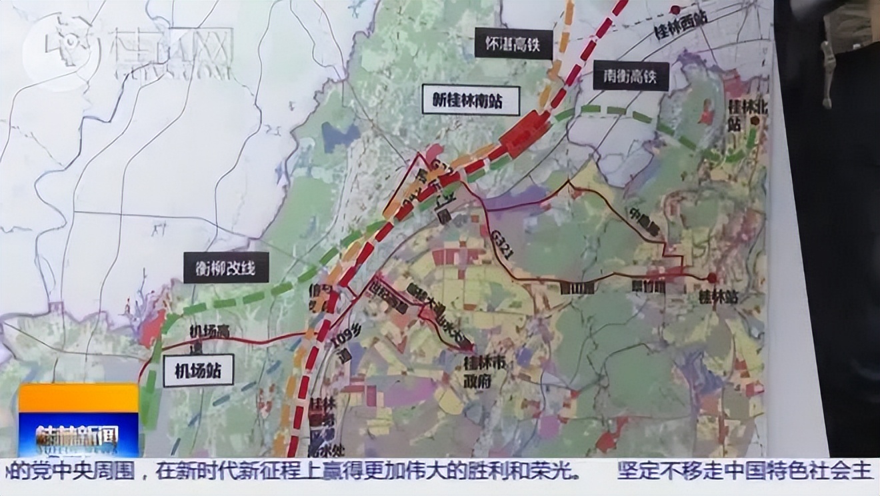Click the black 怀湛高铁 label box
pyautogui.click(x=514, y=44)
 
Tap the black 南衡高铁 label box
pyautogui.click(x=630, y=75)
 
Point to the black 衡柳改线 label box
pyautogui.click(x=226, y=268)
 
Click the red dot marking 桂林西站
pyautogui.click(x=675, y=9)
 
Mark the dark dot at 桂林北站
pyautogui.click(x=755, y=121)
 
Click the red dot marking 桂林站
pyautogui.click(x=712, y=277)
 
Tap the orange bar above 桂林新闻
pyautogui.click(x=78, y=398)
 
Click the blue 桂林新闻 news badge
pyautogui.click(x=78, y=434)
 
